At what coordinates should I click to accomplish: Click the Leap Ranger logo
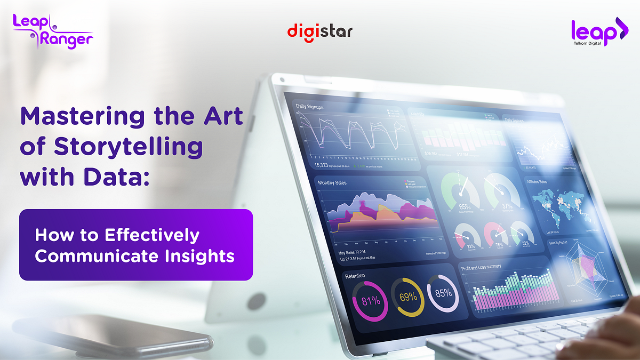pyautogui.click(x=53, y=31)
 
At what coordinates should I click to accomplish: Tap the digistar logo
pyautogui.click(x=320, y=31)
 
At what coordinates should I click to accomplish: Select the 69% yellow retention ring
pyautogui.click(x=408, y=297)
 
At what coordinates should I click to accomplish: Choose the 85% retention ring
pyautogui.click(x=443, y=293)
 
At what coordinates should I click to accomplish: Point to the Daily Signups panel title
pyautogui.click(x=314, y=107)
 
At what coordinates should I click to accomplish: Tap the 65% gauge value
pyautogui.click(x=465, y=206)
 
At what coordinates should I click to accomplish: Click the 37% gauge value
pyautogui.click(x=507, y=206)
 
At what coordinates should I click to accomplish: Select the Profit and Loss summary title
pyautogui.click(x=488, y=267)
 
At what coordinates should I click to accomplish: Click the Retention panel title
pyautogui.click(x=355, y=276)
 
